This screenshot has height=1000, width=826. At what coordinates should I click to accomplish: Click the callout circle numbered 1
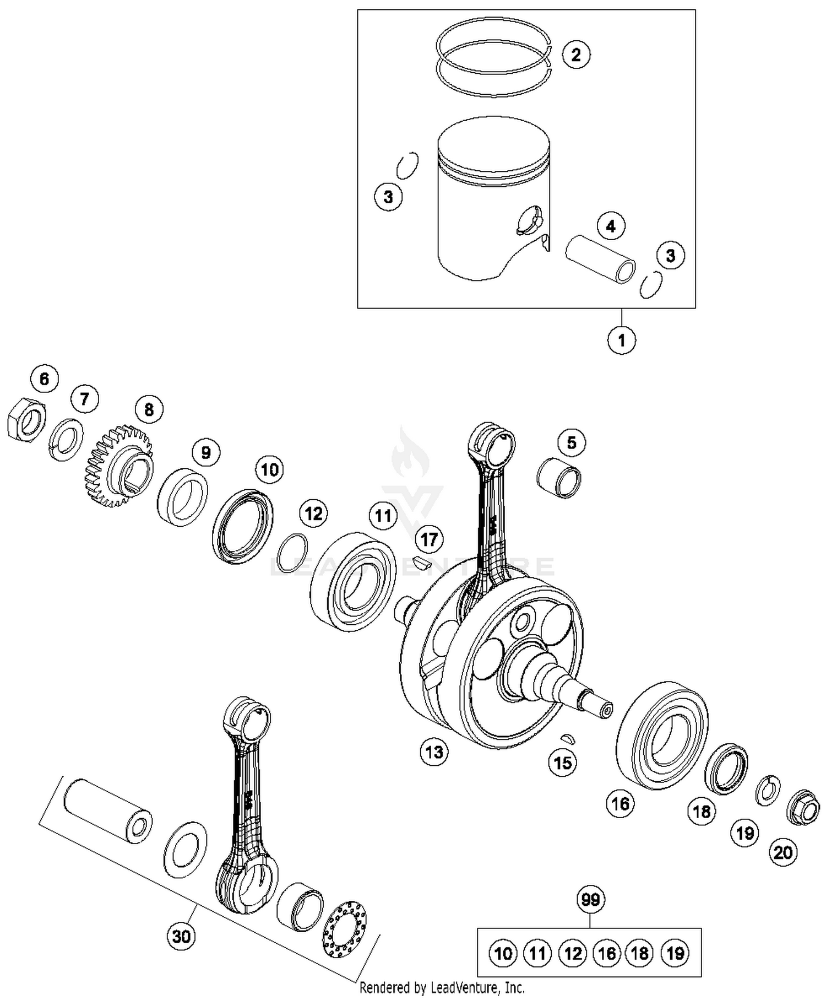[621, 340]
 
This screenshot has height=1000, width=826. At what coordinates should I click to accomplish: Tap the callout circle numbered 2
[575, 55]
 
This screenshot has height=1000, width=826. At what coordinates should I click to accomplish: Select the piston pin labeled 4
[600, 259]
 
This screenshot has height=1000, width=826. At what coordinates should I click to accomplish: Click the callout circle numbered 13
[434, 751]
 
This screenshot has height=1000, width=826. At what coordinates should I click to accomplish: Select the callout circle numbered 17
[429, 539]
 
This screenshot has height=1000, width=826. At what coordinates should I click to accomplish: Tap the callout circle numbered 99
[590, 900]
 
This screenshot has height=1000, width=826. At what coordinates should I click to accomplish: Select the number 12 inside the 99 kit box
[572, 954]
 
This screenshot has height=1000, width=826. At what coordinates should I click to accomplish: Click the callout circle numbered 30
[181, 936]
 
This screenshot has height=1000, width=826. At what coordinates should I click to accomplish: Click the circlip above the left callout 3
[407, 165]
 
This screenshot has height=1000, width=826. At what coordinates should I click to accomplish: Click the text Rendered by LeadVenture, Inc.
[442, 987]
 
